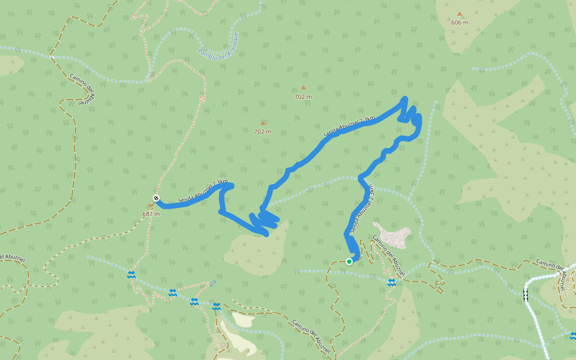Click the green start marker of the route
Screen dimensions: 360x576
[x=349, y=261]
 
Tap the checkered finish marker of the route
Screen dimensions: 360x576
[x=156, y=198]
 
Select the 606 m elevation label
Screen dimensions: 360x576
[x=460, y=22]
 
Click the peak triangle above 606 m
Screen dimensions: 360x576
[x=460, y=13]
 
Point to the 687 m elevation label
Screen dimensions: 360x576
[x=151, y=214]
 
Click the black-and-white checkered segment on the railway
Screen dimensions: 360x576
[x=526, y=295]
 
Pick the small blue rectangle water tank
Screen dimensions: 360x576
[x=212, y=283]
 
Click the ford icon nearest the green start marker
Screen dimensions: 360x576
[x=392, y=282]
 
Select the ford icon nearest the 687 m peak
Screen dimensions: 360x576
[x=131, y=275]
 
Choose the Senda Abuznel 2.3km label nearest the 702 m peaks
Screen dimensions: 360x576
[x=349, y=127]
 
